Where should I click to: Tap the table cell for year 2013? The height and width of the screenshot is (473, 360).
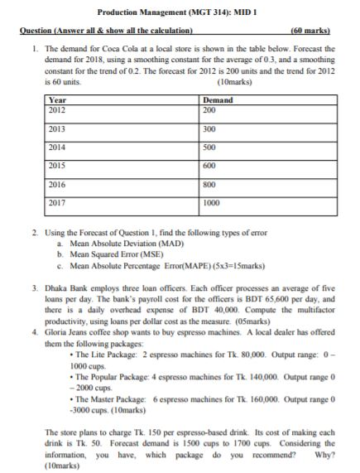pyautogui.click(x=57, y=129)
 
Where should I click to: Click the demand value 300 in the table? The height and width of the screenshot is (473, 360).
pyautogui.click(x=210, y=129)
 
